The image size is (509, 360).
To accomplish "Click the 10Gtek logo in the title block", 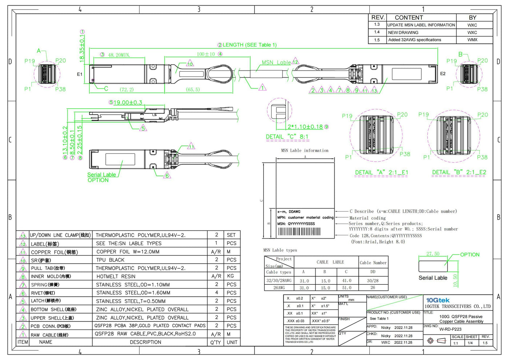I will coord(438,300).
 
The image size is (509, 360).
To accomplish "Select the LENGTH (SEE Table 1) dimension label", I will coord(249,45).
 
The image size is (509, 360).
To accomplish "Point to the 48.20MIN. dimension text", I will coord(119,55).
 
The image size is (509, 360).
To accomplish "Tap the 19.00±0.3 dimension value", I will coord(128,103).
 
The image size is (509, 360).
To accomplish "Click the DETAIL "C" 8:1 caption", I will coord(287,137).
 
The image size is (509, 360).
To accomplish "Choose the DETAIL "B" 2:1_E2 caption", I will coord(459,172).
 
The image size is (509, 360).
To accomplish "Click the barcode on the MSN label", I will coord(299,232).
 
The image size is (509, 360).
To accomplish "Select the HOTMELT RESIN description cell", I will coord(116,276).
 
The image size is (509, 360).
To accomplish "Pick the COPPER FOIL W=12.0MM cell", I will coord(128,252).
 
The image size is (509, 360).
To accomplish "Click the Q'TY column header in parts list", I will coord(216,342).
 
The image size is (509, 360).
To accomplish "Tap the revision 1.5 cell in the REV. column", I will coord(377,40).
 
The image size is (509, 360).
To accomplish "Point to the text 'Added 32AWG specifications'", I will coord(414,40).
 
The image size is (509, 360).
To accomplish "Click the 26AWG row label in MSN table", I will coord(279,288).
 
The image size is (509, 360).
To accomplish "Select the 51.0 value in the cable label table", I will coord(346,288).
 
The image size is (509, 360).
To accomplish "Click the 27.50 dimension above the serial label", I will coord(433,254).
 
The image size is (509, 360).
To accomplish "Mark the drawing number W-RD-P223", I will coord(450,329).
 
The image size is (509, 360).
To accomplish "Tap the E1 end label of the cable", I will coord(80,74).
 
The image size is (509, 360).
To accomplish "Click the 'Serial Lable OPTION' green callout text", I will coord(101,177).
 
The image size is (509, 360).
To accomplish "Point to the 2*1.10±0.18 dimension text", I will coord(305,127).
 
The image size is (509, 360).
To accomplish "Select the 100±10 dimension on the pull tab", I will coord(206,54).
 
